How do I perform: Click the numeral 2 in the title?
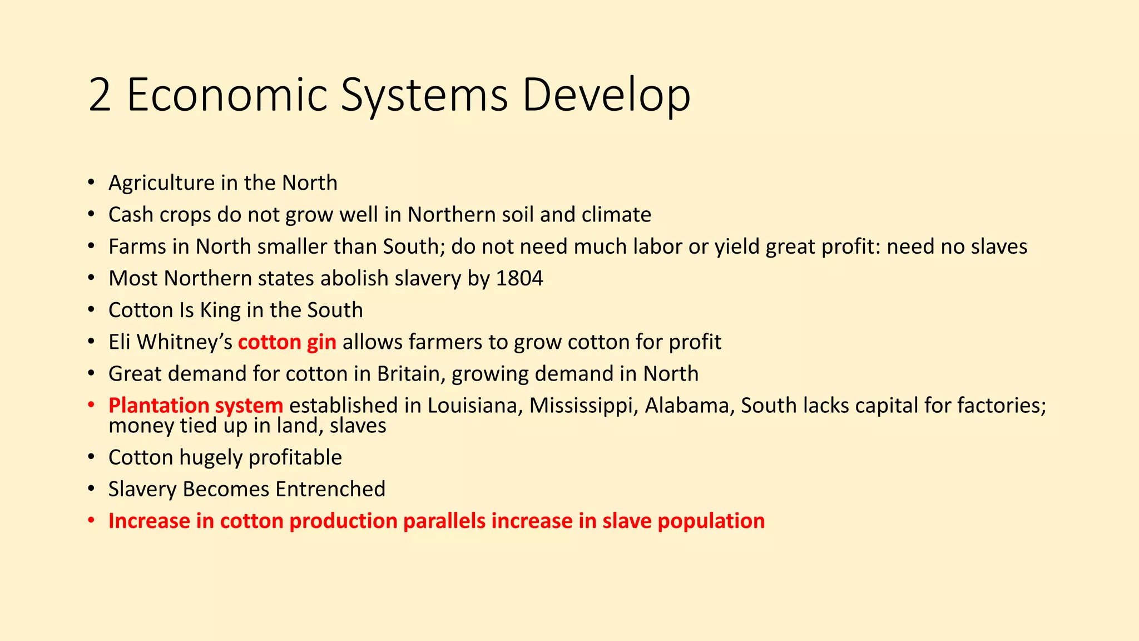(100, 96)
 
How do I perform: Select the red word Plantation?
(159, 406)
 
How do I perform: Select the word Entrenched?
(330, 489)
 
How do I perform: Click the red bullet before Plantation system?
(91, 406)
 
